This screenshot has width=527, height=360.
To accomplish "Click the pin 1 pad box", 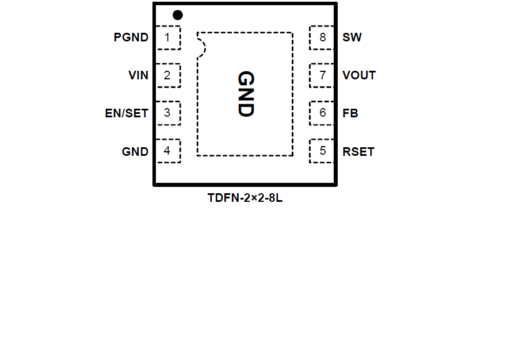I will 167,38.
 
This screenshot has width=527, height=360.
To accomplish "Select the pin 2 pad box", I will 167,75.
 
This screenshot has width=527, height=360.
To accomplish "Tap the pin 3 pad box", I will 167,113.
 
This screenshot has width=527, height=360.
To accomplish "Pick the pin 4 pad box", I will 167,151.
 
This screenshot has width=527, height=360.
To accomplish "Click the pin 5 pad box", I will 322,151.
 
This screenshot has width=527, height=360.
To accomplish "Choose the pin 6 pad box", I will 322,113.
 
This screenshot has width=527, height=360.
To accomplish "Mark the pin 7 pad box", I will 322,75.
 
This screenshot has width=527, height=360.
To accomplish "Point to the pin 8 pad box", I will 322,38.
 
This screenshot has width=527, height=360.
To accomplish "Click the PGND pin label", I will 131,38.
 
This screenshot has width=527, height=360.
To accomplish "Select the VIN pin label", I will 139,75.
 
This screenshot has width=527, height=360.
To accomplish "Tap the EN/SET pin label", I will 127,113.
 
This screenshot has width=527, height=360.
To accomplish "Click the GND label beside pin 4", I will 135,152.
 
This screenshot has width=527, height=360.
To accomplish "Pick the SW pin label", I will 352,38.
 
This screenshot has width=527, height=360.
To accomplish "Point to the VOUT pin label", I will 359,75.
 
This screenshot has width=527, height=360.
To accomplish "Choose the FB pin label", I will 350,113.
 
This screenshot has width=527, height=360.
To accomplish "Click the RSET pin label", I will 358,152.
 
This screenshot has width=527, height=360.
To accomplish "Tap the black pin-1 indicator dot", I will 178,15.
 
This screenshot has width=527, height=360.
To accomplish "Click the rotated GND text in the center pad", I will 246,94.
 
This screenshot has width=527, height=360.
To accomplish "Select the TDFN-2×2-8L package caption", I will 245,198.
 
